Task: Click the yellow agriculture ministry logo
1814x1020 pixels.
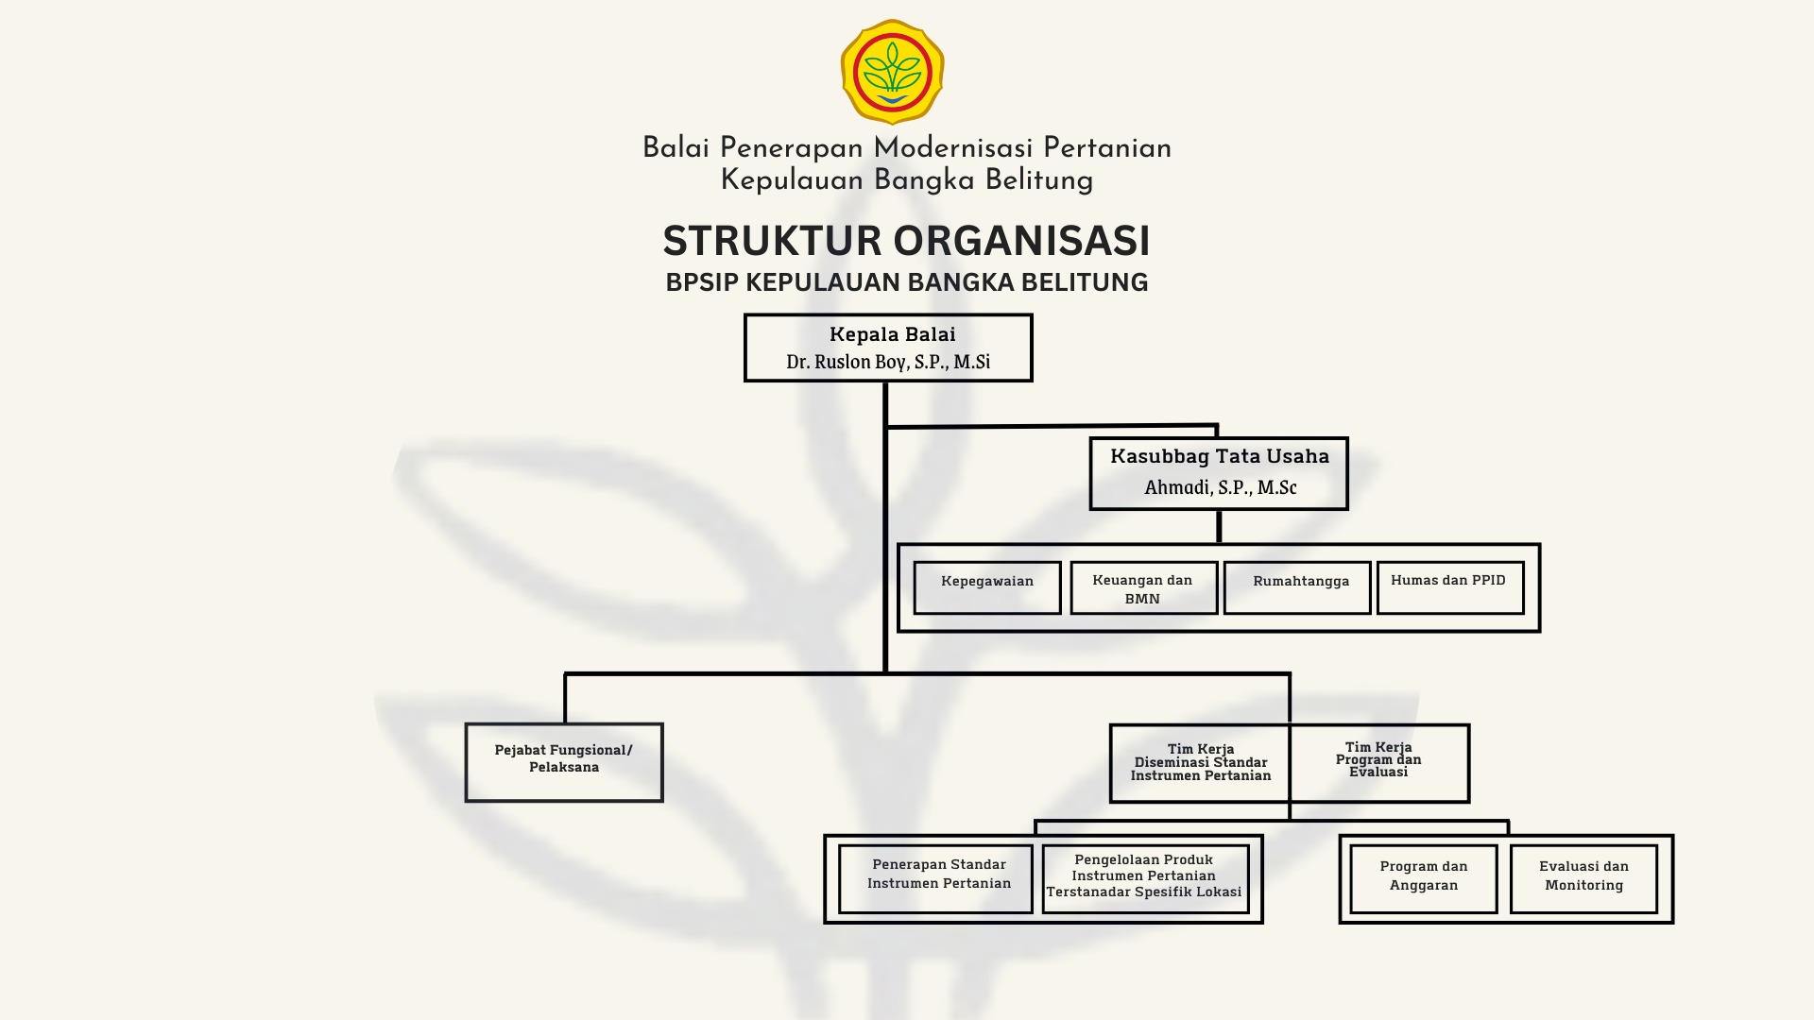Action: pos(892,72)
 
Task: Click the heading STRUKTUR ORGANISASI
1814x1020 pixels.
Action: pos(906,241)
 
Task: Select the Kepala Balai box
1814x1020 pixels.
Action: pos(888,348)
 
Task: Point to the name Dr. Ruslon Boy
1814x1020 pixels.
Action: pos(848,362)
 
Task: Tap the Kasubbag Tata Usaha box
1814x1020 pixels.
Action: pos(1219,473)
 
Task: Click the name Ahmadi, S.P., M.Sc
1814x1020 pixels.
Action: pos(1220,487)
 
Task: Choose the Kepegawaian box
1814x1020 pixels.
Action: pos(987,587)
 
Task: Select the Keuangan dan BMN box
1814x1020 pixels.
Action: pos(1143,587)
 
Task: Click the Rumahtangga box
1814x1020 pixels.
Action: pos(1297,587)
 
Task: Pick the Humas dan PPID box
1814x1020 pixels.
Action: pos(1450,587)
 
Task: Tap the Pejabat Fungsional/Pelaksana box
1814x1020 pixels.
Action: pos(564,762)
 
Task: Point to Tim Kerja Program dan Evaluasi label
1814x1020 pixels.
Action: pos(1378,759)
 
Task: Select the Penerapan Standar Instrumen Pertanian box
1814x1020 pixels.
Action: pos(936,879)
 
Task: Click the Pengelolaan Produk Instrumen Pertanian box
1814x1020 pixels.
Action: pos(1145,879)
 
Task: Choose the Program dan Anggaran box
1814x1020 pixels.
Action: pos(1424,879)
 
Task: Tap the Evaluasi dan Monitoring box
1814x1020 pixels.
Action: pos(1583,879)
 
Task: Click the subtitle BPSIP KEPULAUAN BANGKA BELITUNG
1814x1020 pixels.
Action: pos(906,282)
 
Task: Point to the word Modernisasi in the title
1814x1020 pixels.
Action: pos(953,148)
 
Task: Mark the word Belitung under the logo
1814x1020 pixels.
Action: pos(1039,180)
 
